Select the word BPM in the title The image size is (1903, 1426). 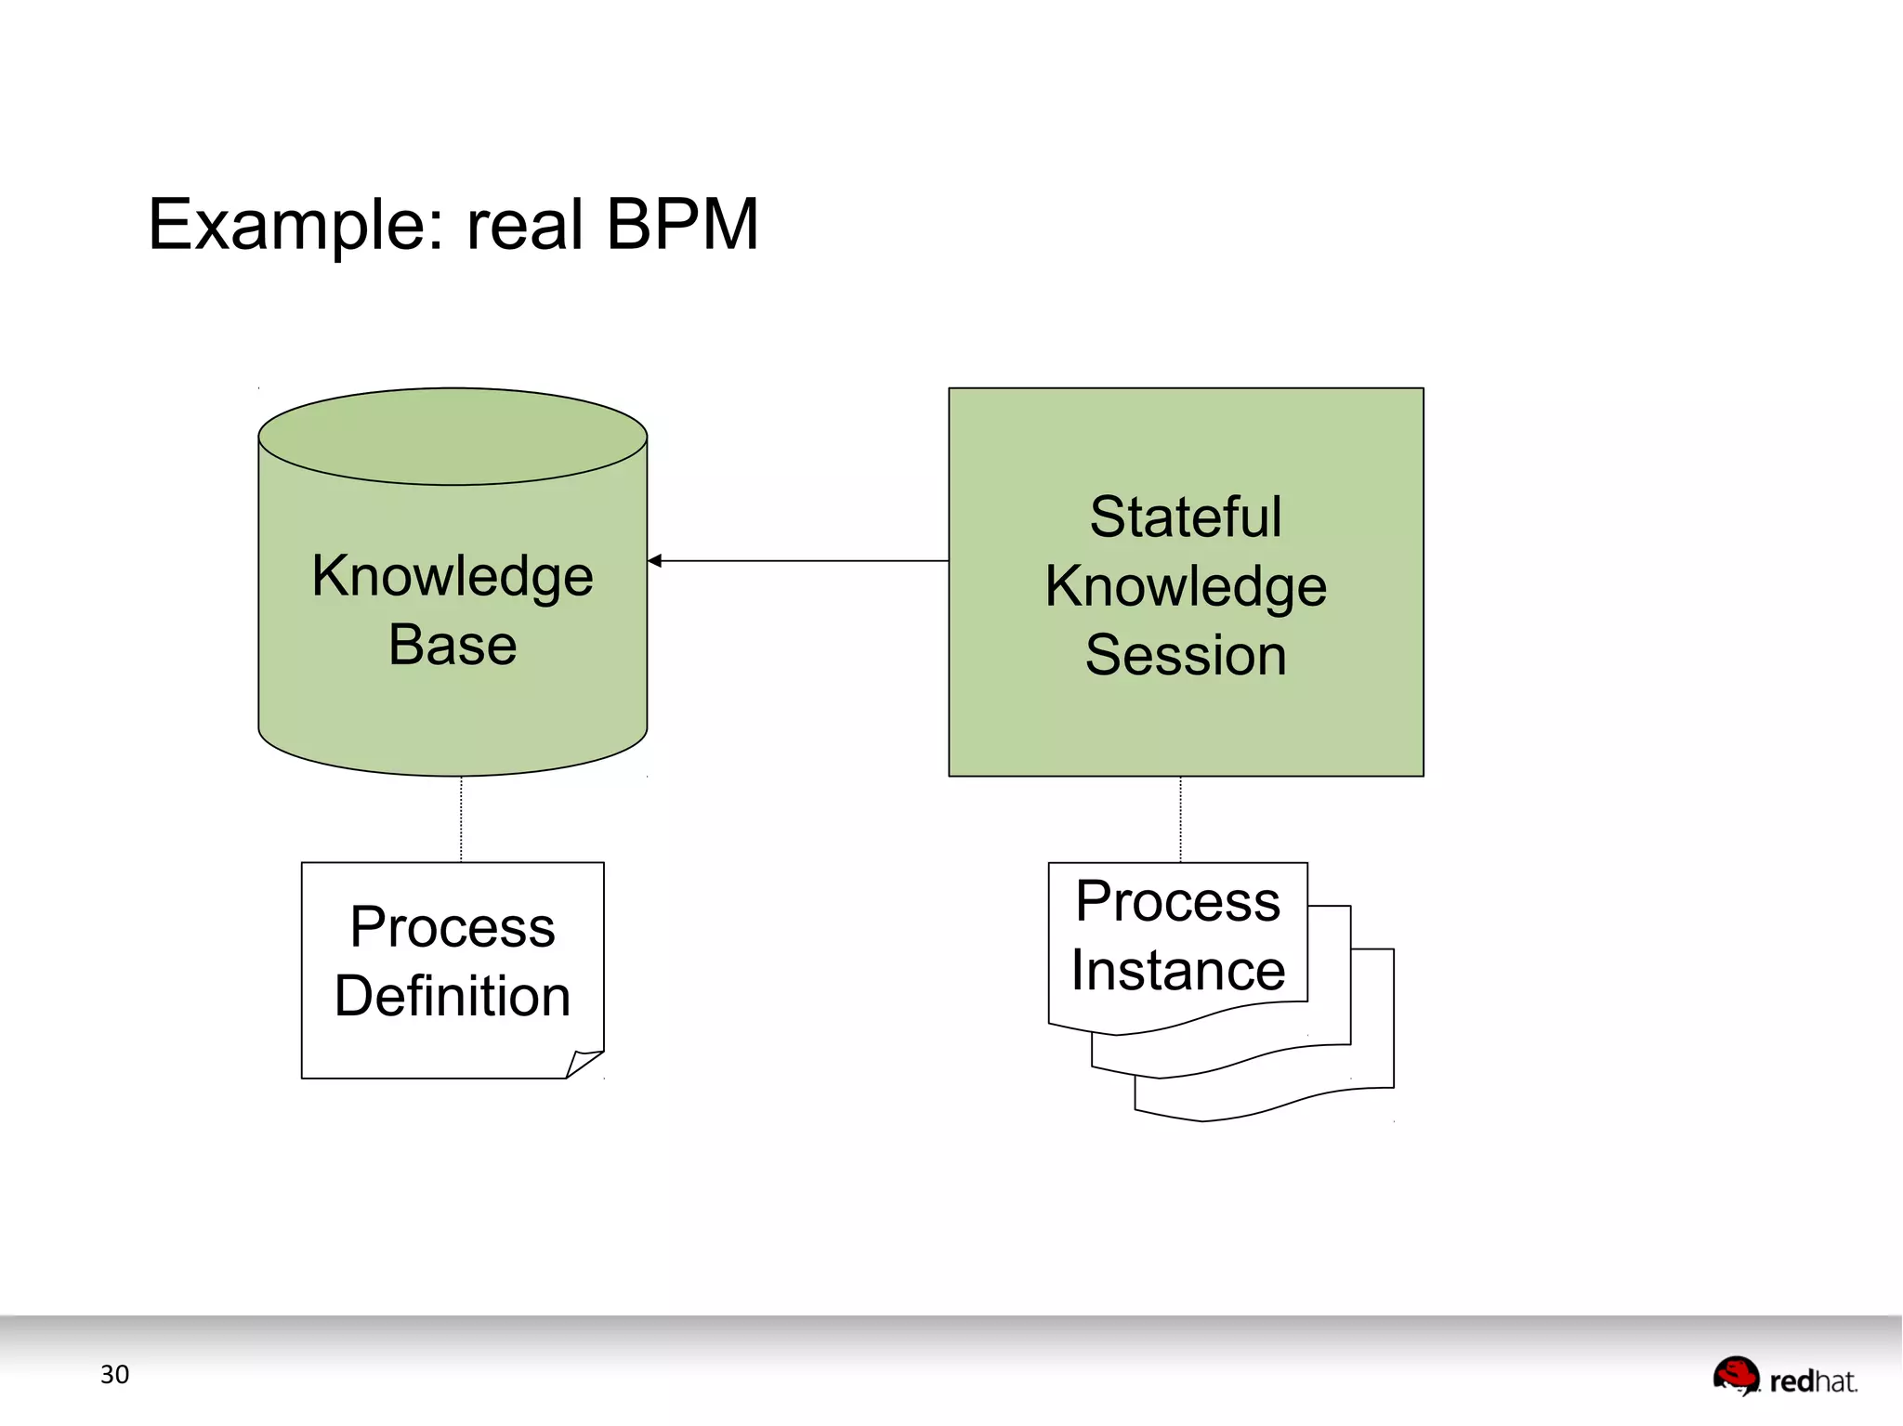point(682,224)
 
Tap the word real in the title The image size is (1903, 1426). point(525,224)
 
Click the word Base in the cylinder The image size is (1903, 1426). point(453,645)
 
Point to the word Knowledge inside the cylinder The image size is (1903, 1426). point(453,576)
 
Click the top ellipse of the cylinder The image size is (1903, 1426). point(453,436)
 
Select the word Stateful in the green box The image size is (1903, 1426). point(1186,517)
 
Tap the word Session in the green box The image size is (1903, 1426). point(1186,655)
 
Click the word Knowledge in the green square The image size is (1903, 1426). point(1186,586)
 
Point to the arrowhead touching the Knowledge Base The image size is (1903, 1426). point(655,560)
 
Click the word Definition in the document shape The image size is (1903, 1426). point(453,996)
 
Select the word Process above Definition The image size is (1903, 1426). point(453,927)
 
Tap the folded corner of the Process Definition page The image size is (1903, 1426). point(584,1064)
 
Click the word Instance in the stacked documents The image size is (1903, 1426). point(1177,970)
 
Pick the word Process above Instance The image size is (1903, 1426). point(1177,901)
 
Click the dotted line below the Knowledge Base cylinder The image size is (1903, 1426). point(461,819)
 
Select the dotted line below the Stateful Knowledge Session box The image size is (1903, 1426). point(1180,819)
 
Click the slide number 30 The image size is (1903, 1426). point(114,1374)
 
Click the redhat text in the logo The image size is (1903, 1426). point(1812,1381)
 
